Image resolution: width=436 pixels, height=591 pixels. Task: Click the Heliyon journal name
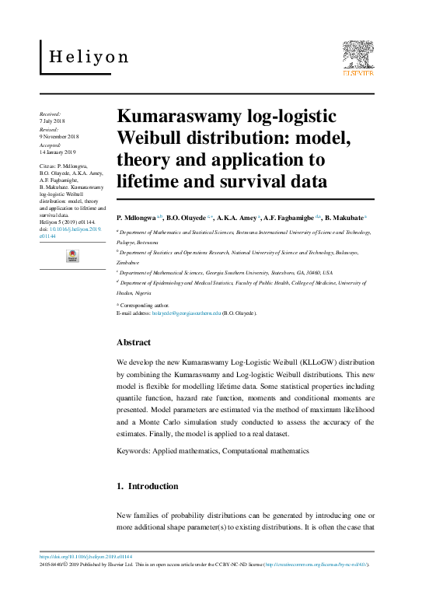tap(89, 57)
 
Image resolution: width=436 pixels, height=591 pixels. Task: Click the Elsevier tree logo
tap(358, 59)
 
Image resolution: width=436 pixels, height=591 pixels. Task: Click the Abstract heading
tap(134, 342)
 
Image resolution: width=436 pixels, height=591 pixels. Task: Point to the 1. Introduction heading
tap(147, 486)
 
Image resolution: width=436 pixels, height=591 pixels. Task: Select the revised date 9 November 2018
tap(58, 138)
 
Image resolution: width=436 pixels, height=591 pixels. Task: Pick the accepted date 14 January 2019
tap(57, 152)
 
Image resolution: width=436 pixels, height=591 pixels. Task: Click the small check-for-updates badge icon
tap(72, 256)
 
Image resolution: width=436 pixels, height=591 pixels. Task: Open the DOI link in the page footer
tap(85, 557)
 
